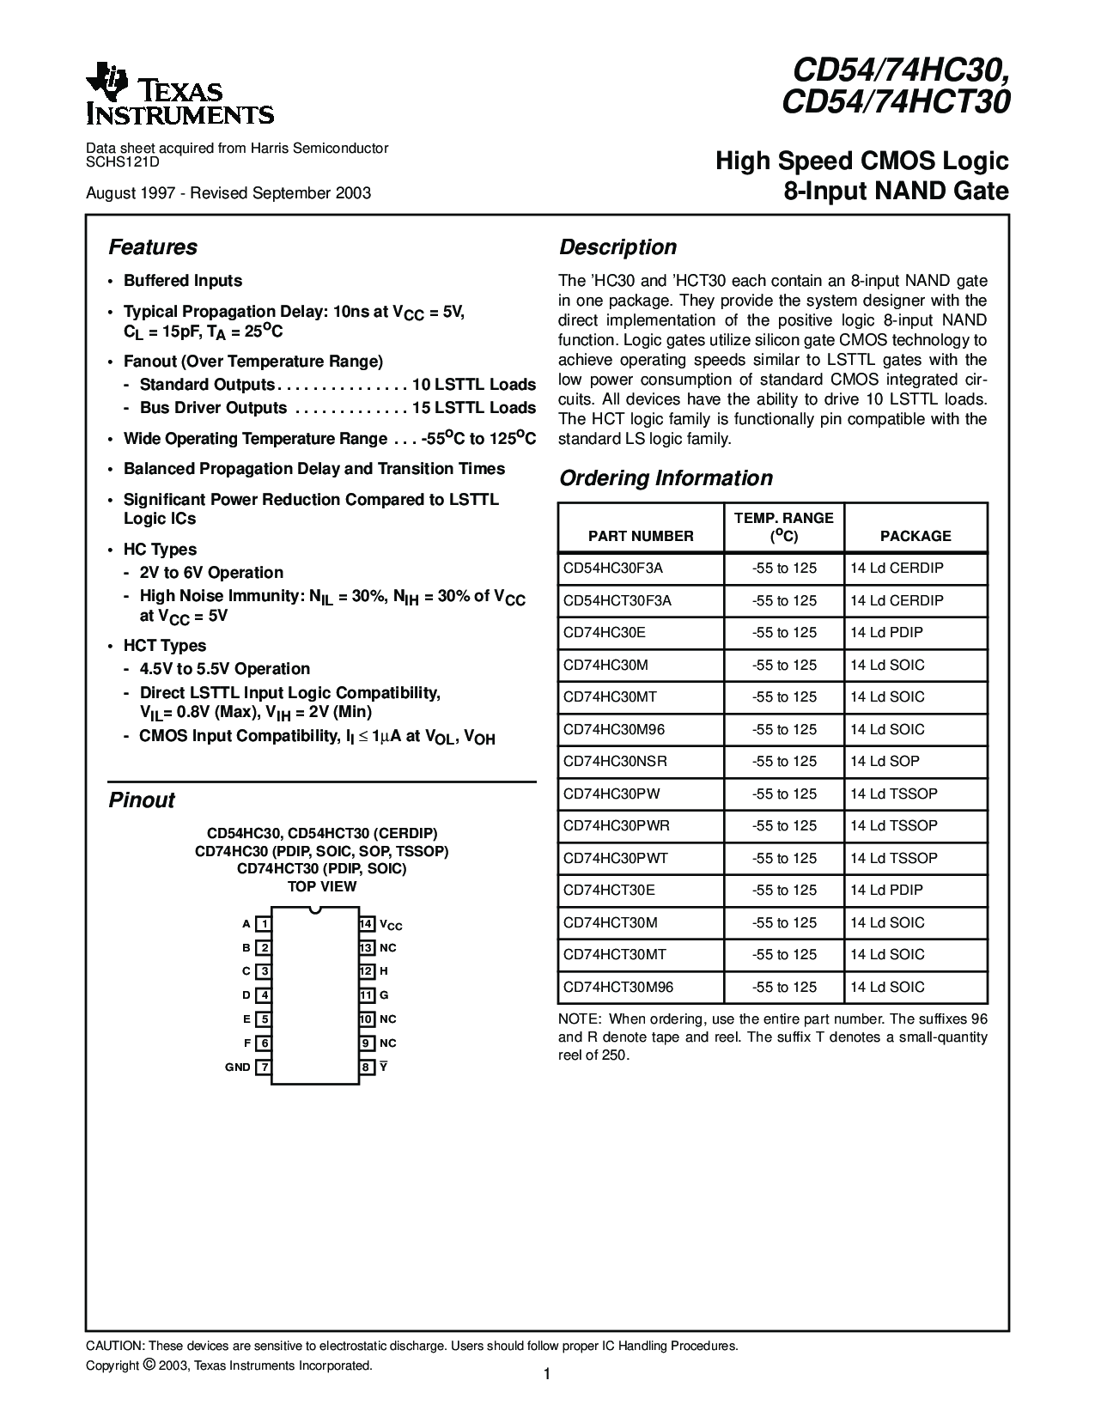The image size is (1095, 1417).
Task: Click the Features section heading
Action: (x=153, y=247)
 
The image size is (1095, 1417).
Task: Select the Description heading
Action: (x=617, y=247)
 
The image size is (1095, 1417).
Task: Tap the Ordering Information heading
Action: (x=666, y=478)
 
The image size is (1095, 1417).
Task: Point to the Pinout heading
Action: (x=142, y=800)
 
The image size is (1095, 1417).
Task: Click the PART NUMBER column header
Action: (x=641, y=536)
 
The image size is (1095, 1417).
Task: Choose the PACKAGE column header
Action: (x=916, y=536)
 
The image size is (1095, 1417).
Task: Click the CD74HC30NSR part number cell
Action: (x=615, y=762)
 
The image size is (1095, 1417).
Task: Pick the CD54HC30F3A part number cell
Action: (x=613, y=569)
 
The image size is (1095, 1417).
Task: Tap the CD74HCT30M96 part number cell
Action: (x=618, y=987)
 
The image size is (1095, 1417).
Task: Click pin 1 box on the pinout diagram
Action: (x=265, y=924)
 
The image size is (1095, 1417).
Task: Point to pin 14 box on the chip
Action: (x=367, y=924)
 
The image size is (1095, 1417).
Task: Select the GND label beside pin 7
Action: (x=238, y=1067)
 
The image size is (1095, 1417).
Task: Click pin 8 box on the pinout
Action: (x=367, y=1067)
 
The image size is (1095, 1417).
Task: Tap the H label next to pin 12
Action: (x=384, y=971)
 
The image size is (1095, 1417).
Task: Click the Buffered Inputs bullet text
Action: (x=183, y=281)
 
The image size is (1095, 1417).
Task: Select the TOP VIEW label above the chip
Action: (x=321, y=886)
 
